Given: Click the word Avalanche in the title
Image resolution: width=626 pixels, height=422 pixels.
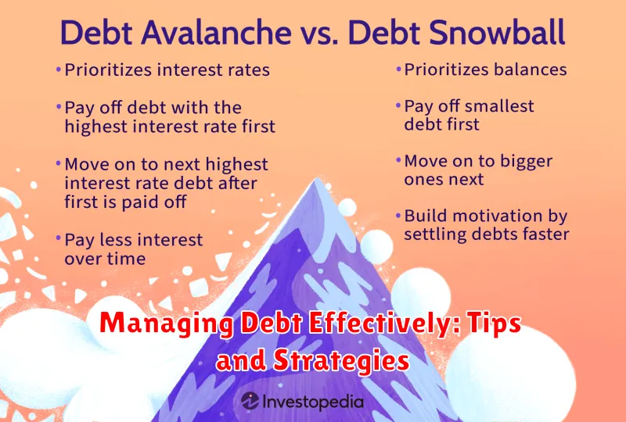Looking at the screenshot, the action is [216, 32].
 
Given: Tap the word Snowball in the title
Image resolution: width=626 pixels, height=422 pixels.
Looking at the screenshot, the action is [456, 32].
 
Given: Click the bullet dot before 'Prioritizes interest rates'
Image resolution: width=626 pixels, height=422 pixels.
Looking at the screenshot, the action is [58, 70].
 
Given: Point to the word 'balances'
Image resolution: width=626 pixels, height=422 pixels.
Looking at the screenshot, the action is [531, 70].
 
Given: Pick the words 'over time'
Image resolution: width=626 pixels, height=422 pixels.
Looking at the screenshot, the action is [105, 259].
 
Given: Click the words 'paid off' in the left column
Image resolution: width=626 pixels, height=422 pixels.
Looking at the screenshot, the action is [153, 202].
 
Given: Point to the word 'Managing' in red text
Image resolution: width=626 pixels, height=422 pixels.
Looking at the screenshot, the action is [166, 324].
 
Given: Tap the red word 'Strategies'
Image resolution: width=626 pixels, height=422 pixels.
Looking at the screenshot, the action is [341, 361].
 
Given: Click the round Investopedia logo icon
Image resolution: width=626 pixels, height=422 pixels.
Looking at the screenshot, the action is [250, 401].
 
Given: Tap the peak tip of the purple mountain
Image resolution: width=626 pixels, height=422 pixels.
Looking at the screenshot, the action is [318, 179].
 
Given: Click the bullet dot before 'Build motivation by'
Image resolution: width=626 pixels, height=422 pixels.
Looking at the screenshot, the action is [398, 216].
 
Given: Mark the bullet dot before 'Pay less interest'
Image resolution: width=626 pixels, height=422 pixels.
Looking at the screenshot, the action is [58, 239].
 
